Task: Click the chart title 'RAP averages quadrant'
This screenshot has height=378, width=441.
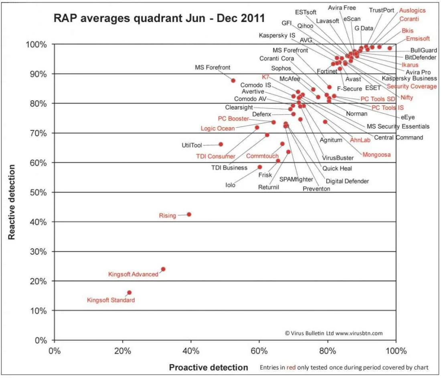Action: tap(159, 18)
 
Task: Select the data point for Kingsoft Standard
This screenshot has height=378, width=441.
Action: tap(129, 293)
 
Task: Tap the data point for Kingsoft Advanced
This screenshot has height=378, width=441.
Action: tap(163, 269)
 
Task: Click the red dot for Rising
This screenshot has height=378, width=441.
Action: tap(189, 214)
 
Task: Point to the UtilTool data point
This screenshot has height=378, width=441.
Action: tap(220, 144)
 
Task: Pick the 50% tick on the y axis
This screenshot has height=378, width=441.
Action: tap(39, 192)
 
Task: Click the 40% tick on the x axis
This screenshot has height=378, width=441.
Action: tap(191, 351)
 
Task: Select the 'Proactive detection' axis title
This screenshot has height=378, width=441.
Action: tap(208, 367)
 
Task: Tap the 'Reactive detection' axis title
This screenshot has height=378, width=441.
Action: tap(12, 202)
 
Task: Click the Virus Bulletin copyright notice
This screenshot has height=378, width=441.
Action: tap(334, 333)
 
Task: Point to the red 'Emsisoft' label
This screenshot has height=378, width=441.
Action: tap(418, 39)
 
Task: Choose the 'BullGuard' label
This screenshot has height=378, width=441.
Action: tap(423, 51)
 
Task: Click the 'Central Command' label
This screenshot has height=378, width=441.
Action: tap(398, 137)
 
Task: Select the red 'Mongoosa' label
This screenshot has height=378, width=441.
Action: tap(376, 155)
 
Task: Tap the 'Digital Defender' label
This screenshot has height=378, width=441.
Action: tap(347, 181)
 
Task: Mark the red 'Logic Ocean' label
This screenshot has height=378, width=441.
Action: tap(218, 128)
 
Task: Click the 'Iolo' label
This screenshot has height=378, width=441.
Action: tap(230, 185)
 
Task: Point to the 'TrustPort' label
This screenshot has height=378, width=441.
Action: tap(381, 10)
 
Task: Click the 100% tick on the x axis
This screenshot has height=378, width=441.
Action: tap(396, 351)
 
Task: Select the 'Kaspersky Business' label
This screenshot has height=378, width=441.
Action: tap(409, 79)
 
